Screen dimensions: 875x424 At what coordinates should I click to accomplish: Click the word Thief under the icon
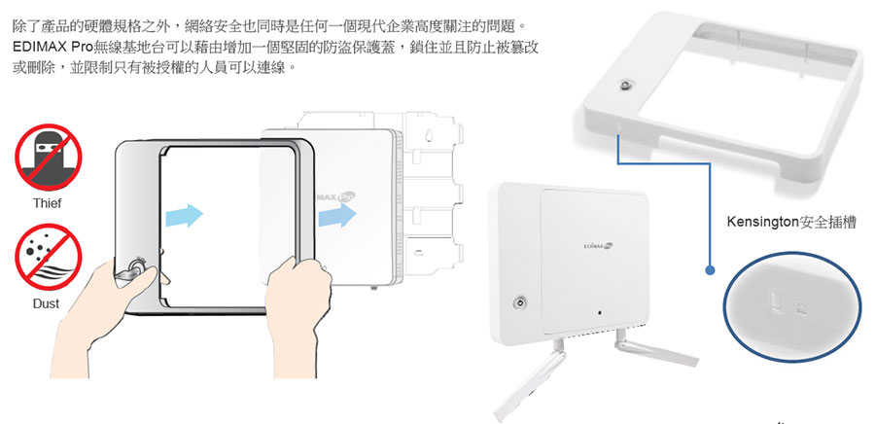47,203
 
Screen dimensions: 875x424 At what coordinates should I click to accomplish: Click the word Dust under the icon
47,304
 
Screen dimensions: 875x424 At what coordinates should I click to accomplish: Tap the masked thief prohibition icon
48,158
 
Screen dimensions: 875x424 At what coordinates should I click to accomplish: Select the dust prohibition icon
48,257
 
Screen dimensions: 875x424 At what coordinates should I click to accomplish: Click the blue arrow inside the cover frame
184,215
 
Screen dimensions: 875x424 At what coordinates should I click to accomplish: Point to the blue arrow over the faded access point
337,215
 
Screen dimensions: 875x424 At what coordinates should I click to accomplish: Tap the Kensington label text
790,222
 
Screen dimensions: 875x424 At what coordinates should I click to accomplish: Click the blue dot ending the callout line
710,270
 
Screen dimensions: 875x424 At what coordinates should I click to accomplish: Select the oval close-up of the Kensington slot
791,307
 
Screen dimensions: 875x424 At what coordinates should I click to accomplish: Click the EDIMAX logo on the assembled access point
598,245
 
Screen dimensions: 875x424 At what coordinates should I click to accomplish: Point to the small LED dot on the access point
600,312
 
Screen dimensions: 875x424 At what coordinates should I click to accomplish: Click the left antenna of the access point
530,380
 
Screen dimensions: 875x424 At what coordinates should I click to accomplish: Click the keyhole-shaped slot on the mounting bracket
428,135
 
